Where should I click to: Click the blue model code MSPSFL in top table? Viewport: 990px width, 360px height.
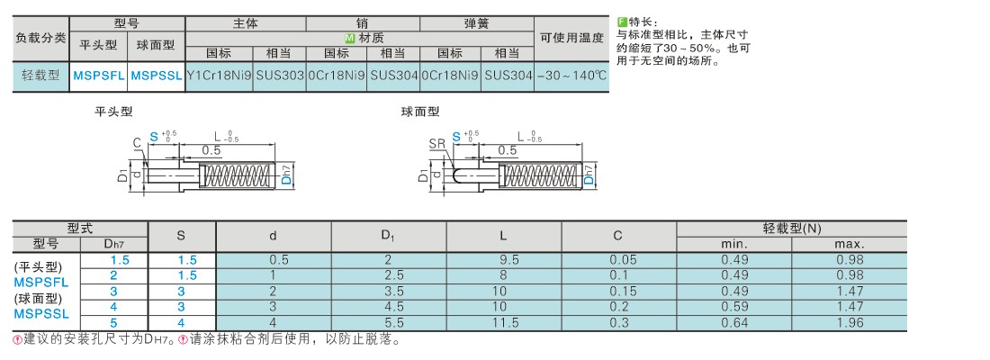tap(98, 76)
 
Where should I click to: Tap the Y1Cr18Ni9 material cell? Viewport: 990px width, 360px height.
tap(219, 76)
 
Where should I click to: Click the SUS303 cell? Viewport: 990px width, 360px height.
tap(280, 76)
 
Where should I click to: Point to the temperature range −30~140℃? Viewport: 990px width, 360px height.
tap(571, 76)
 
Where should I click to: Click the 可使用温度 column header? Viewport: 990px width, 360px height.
tap(571, 38)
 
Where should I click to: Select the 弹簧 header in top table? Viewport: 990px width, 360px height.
tap(477, 23)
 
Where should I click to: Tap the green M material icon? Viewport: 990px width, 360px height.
tap(349, 38)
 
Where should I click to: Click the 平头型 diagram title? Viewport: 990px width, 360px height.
tap(113, 112)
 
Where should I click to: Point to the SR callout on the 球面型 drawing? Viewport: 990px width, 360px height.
tap(436, 144)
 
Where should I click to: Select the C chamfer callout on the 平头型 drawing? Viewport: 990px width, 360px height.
tap(137, 143)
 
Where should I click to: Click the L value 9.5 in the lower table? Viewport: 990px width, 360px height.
tap(504, 259)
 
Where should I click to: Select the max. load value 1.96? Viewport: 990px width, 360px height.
tap(850, 323)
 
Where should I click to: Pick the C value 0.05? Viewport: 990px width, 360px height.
tap(619, 259)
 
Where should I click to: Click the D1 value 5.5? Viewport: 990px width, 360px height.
tap(388, 323)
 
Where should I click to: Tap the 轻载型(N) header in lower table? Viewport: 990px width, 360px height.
tap(792, 229)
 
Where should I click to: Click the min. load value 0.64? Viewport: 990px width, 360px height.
tap(734, 323)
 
